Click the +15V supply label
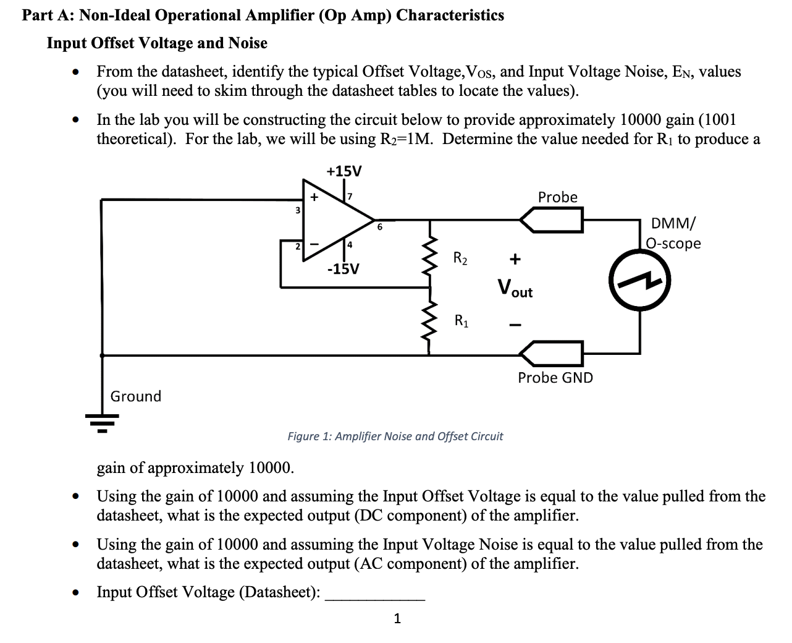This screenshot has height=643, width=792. click(344, 171)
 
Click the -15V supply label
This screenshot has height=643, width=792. click(343, 270)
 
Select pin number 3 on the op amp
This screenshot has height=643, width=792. click(297, 210)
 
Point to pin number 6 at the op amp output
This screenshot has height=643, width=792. click(380, 227)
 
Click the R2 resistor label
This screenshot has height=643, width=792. click(460, 258)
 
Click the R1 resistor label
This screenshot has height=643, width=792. click(461, 320)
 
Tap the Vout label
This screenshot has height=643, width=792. click(515, 287)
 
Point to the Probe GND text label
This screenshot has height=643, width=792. click(555, 378)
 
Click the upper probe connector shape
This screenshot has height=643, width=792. click(552, 219)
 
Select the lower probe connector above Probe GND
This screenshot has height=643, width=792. click(552, 354)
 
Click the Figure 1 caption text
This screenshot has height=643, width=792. click(395, 436)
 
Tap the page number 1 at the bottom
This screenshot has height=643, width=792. click(397, 618)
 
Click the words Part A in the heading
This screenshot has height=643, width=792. click(47, 15)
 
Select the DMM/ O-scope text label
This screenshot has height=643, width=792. click(673, 233)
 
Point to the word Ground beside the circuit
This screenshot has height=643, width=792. click(136, 396)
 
